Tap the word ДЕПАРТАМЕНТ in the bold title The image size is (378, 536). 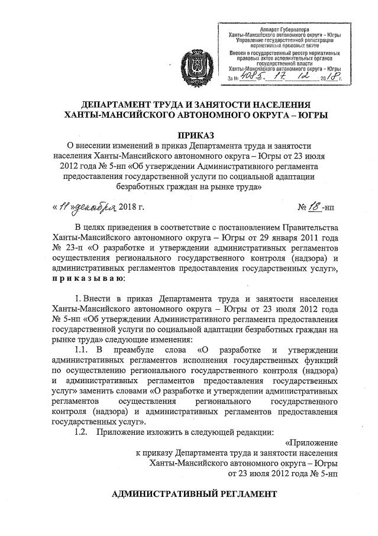[x=115, y=101]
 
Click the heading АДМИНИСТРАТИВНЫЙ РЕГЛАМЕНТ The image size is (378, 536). [x=194, y=493]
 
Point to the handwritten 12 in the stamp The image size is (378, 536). [x=306, y=76]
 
